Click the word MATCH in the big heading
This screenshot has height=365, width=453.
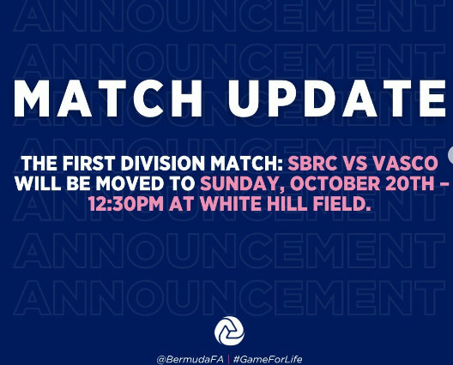pyautogui.click(x=108, y=98)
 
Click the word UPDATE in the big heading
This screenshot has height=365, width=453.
pyautogui.click(x=337, y=98)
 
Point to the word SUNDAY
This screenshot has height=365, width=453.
pyautogui.click(x=242, y=184)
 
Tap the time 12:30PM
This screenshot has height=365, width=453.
pyautogui.click(x=126, y=204)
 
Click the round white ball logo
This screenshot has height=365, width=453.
pyautogui.click(x=229, y=331)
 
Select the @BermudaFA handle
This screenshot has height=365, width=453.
pyautogui.click(x=190, y=360)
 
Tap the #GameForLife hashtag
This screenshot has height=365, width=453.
pyautogui.click(x=268, y=360)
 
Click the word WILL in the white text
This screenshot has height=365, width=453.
pyautogui.click(x=38, y=184)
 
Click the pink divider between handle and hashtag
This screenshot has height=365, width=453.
pyautogui.click(x=228, y=360)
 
